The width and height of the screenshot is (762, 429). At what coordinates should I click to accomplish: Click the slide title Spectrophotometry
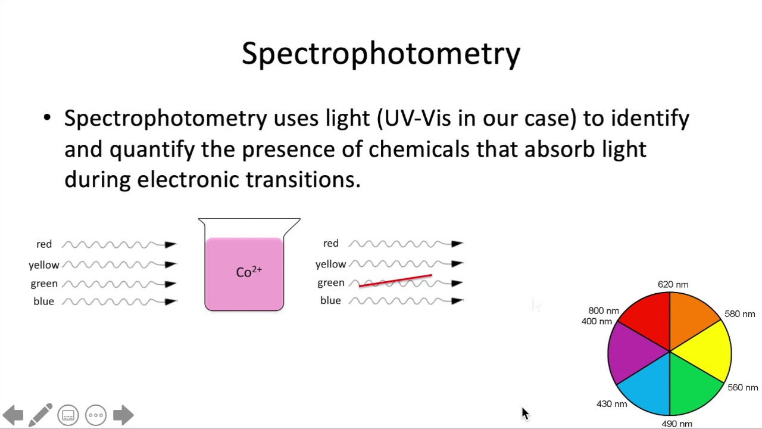pos(381,54)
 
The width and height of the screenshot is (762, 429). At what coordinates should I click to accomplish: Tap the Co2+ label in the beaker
pos(249,272)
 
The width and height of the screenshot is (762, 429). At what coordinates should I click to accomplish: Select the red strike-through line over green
pos(395,281)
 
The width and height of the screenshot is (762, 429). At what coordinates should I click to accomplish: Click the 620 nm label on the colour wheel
pos(673,285)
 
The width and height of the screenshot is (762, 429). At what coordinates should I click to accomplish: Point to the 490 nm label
pos(677,424)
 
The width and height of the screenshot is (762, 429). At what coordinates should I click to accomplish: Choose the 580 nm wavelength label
pos(739,314)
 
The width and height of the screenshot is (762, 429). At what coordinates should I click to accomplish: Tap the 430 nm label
pos(611,404)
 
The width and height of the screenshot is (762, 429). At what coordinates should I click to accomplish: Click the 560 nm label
pos(742,387)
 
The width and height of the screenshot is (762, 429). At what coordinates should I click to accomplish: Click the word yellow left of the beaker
pos(44,265)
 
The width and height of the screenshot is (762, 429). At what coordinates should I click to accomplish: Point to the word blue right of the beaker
pos(330,301)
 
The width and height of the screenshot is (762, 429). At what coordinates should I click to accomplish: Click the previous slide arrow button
pos(13,415)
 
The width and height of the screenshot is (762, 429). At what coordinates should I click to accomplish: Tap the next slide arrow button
pos(123,415)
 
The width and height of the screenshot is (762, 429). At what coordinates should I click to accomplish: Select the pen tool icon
pos(40,415)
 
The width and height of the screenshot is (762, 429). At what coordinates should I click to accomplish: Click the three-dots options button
pos(96,415)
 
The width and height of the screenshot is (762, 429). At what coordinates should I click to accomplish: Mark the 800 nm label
pos(603,311)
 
